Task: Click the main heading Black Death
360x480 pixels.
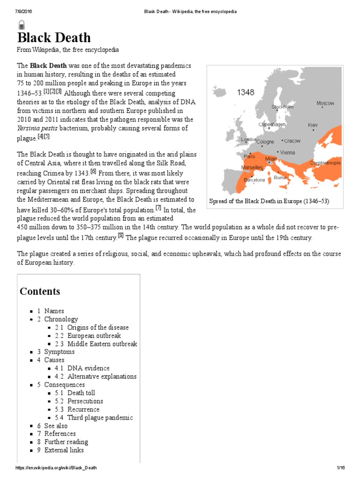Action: click(54, 37)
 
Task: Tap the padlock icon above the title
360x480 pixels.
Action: click(21, 24)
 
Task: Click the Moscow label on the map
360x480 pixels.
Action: click(325, 103)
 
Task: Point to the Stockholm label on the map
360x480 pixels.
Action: click(283, 107)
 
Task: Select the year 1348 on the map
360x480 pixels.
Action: click(245, 92)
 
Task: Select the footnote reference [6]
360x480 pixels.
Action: click(93, 172)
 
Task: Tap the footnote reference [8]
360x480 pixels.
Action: click(121, 236)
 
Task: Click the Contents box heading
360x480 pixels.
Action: click(40, 291)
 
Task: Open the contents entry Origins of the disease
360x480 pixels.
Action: click(98, 327)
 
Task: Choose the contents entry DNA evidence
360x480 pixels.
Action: click(88, 368)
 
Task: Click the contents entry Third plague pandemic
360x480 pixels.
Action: click(100, 418)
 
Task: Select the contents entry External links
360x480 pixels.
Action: click(64, 450)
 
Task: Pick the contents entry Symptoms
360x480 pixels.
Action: click(59, 352)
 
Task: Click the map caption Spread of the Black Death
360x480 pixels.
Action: click(270, 202)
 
